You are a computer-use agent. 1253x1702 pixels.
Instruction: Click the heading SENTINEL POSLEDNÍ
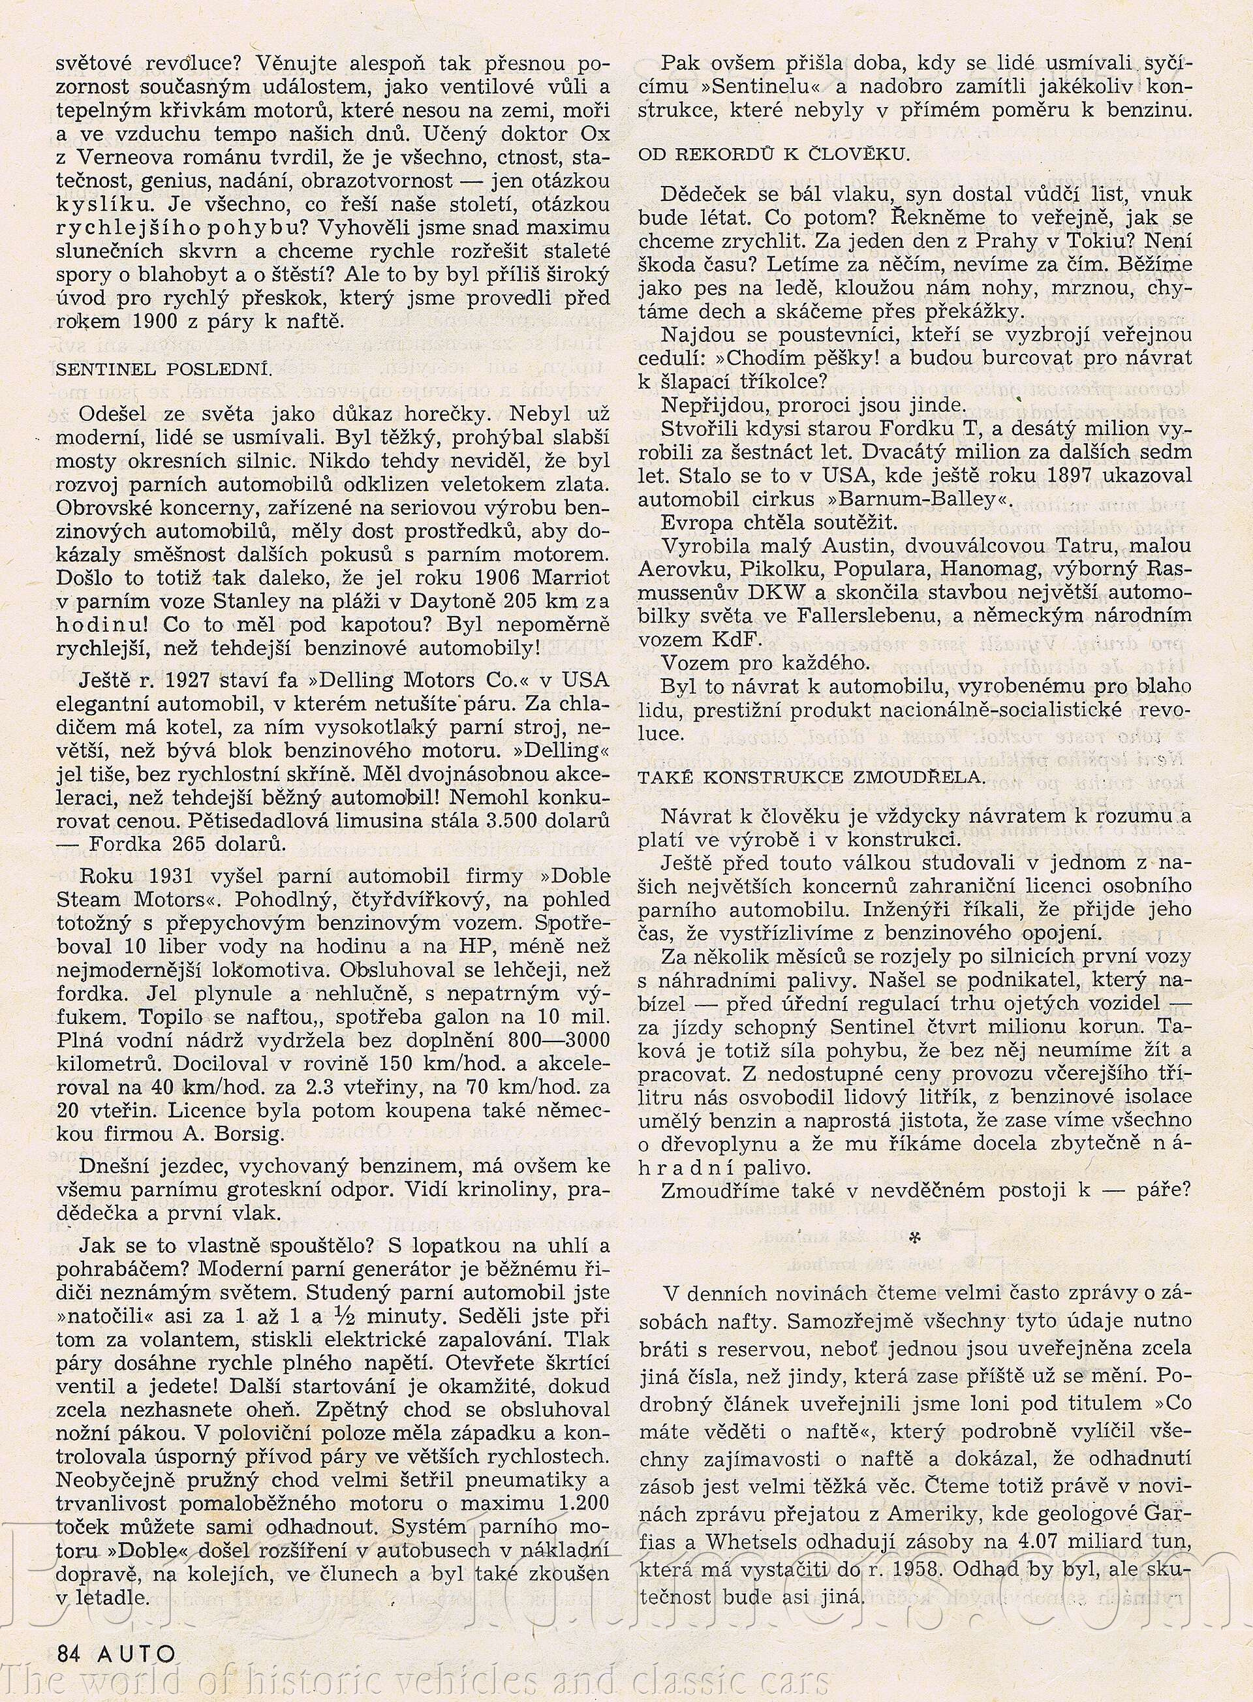164,369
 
